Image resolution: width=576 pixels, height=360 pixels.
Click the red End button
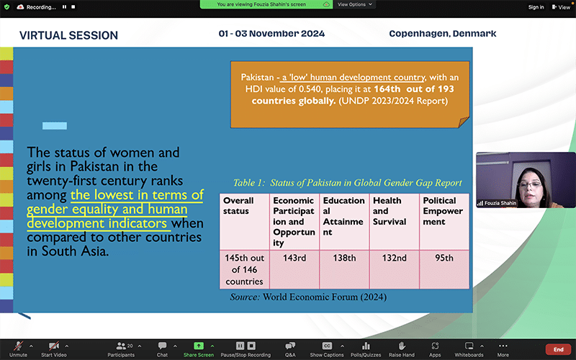tap(559, 349)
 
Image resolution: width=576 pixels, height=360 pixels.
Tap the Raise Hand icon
tap(402, 346)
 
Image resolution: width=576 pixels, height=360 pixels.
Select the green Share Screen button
tap(199, 346)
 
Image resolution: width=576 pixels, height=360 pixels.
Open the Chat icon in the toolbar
tap(162, 346)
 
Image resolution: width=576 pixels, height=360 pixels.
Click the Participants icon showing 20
tap(121, 346)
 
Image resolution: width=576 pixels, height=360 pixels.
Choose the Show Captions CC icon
tap(327, 346)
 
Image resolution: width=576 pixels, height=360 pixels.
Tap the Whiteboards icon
tap(469, 346)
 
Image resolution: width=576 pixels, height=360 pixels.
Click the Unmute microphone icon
tap(19, 346)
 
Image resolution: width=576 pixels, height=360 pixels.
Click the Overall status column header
tap(244, 222)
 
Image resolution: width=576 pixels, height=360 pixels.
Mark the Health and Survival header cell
tap(394, 222)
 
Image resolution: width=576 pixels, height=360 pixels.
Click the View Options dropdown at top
tap(354, 4)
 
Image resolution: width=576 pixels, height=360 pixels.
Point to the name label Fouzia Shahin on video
tap(500, 203)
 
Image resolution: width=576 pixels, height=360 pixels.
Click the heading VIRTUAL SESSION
tap(68, 35)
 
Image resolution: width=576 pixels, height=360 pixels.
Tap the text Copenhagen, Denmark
tap(443, 34)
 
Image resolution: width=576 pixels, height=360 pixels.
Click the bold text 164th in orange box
tap(387, 89)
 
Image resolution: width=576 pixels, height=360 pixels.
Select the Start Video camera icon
tap(54, 346)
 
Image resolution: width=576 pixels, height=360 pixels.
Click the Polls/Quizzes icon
tap(366, 346)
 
